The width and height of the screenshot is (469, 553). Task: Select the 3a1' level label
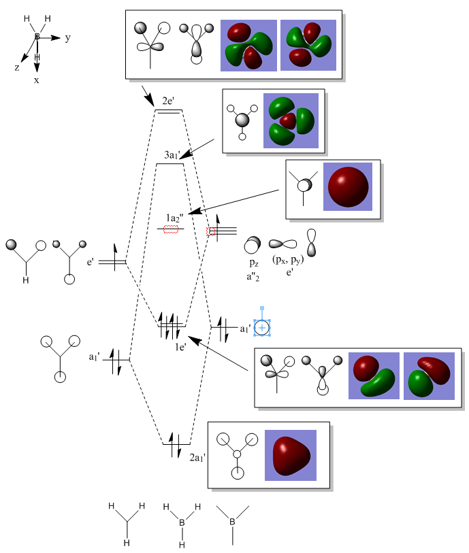pyautogui.click(x=171, y=155)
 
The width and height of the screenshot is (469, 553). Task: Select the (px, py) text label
pyautogui.click(x=288, y=261)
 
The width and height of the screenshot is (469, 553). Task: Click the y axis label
pyautogui.click(x=67, y=38)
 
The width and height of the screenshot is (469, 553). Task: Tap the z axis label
pyautogui.click(x=17, y=67)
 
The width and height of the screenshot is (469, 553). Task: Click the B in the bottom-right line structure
pyautogui.click(x=232, y=522)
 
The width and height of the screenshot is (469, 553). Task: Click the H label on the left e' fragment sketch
pyautogui.click(x=27, y=279)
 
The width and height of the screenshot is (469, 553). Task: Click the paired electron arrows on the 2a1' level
pyautogui.click(x=175, y=444)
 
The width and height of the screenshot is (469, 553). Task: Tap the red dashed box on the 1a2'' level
pyautogui.click(x=171, y=229)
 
